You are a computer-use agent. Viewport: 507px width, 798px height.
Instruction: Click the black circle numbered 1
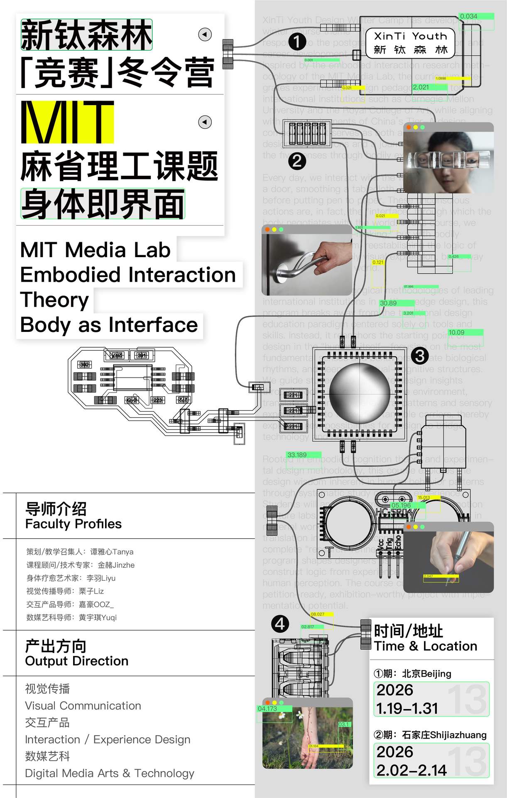pyautogui.click(x=297, y=42)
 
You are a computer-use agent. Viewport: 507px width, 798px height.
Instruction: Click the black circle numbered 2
pyautogui.click(x=297, y=161)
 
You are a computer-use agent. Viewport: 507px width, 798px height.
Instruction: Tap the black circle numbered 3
pyautogui.click(x=419, y=356)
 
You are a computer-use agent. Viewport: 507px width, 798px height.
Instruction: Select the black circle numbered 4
pyautogui.click(x=280, y=624)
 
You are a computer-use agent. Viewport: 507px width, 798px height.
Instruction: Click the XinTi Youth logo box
pyautogui.click(x=410, y=43)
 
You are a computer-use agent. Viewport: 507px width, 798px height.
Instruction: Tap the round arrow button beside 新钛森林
pyautogui.click(x=205, y=34)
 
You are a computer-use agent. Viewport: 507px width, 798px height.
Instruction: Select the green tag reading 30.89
pyautogui.click(x=389, y=303)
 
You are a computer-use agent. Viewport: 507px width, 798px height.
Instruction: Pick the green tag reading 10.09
pyautogui.click(x=457, y=332)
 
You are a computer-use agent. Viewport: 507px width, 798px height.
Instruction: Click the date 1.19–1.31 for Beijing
pyautogui.click(x=407, y=708)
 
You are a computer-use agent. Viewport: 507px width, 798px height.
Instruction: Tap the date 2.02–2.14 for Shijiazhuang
pyautogui.click(x=411, y=770)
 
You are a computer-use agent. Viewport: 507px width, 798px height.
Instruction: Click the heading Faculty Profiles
pyautogui.click(x=73, y=524)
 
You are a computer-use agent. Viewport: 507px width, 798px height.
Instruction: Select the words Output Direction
pyautogui.click(x=76, y=661)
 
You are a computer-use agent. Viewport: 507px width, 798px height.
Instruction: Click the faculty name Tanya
pyautogui.click(x=122, y=552)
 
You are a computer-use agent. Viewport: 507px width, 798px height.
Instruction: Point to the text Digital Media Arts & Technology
pyautogui.click(x=110, y=773)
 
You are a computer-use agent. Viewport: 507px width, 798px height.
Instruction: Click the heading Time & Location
pyautogui.click(x=425, y=646)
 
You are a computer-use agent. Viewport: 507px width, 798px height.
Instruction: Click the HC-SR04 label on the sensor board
pyautogui.click(x=393, y=512)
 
